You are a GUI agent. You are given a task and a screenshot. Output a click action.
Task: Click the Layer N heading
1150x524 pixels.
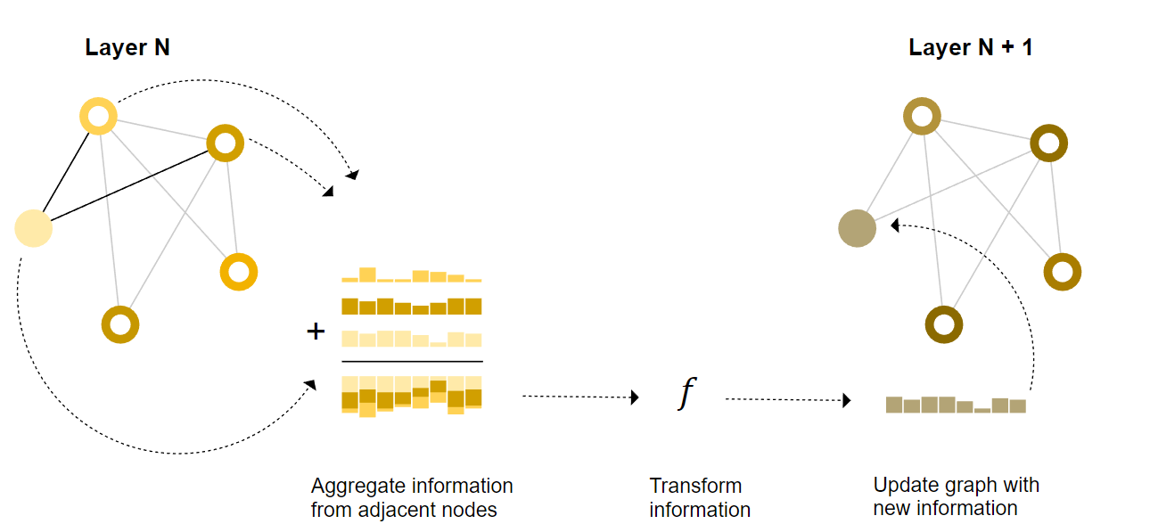[127, 48]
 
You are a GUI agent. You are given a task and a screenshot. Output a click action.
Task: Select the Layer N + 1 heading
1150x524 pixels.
[970, 48]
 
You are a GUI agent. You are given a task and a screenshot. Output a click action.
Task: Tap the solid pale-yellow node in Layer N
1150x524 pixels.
[34, 228]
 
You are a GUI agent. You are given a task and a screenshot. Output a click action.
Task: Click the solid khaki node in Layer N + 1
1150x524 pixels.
[857, 229]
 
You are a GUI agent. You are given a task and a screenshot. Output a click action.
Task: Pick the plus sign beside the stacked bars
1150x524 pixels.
[316, 332]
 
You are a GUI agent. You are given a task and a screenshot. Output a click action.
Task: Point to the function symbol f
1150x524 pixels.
[684, 393]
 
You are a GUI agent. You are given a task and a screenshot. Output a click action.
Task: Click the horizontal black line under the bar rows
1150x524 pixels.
[412, 362]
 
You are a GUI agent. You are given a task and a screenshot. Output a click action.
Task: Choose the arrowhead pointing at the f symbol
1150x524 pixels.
[636, 397]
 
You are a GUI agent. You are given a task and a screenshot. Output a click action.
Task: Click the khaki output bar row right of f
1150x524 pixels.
[956, 405]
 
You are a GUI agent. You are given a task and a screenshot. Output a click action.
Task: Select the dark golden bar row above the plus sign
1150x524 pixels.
[412, 307]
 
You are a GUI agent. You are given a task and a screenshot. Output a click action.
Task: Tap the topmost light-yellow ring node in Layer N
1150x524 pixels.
[98, 116]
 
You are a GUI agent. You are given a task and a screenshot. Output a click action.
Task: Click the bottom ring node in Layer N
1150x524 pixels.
[120, 324]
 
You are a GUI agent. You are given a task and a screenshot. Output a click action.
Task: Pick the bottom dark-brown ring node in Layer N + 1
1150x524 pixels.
[944, 323]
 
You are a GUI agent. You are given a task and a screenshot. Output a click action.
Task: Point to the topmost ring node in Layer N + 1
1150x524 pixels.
[921, 117]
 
